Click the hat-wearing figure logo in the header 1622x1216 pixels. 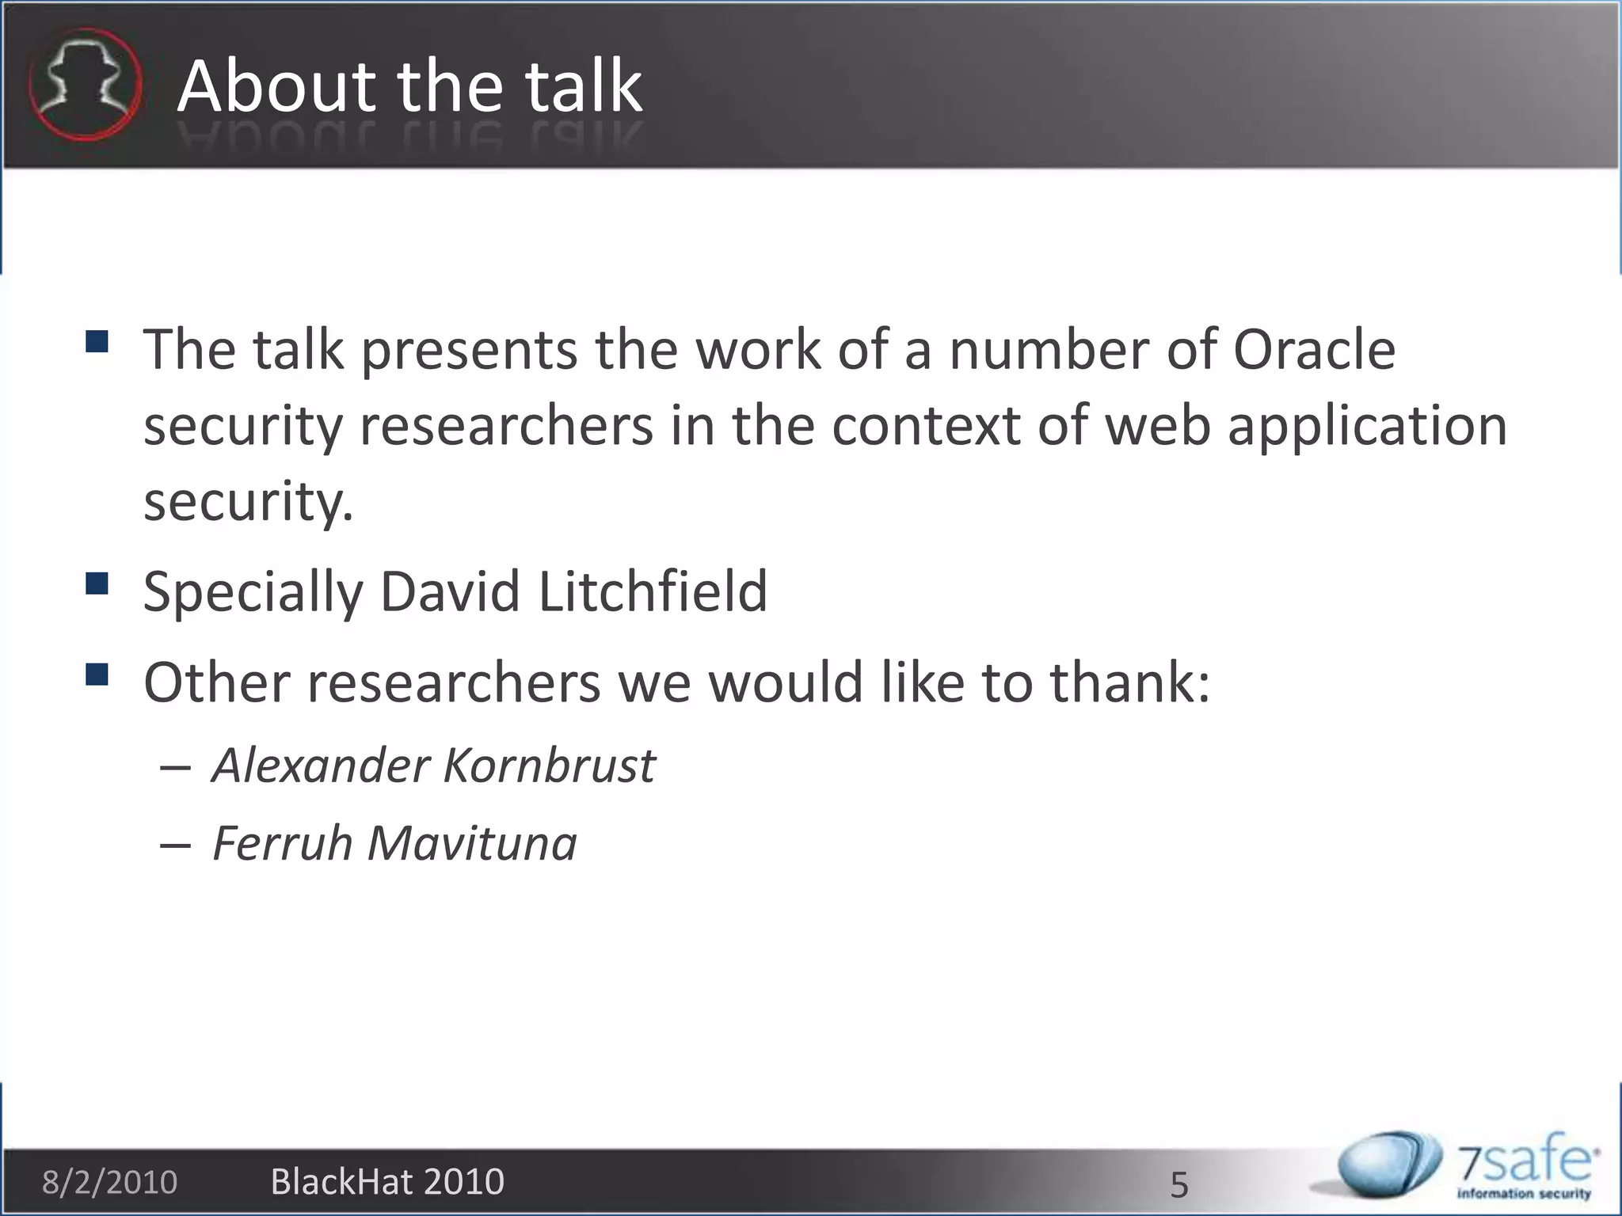(85, 85)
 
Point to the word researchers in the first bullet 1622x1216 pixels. (507, 426)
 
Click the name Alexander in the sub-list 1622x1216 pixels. (320, 766)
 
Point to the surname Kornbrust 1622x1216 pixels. (549, 766)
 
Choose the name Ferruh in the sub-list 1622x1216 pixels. (282, 842)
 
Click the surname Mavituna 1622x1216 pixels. (472, 842)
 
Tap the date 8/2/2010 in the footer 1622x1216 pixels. (109, 1182)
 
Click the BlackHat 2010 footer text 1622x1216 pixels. (387, 1181)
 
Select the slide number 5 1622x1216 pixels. (1179, 1185)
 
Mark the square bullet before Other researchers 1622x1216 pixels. (97, 674)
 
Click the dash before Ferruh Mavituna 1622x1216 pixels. (174, 845)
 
